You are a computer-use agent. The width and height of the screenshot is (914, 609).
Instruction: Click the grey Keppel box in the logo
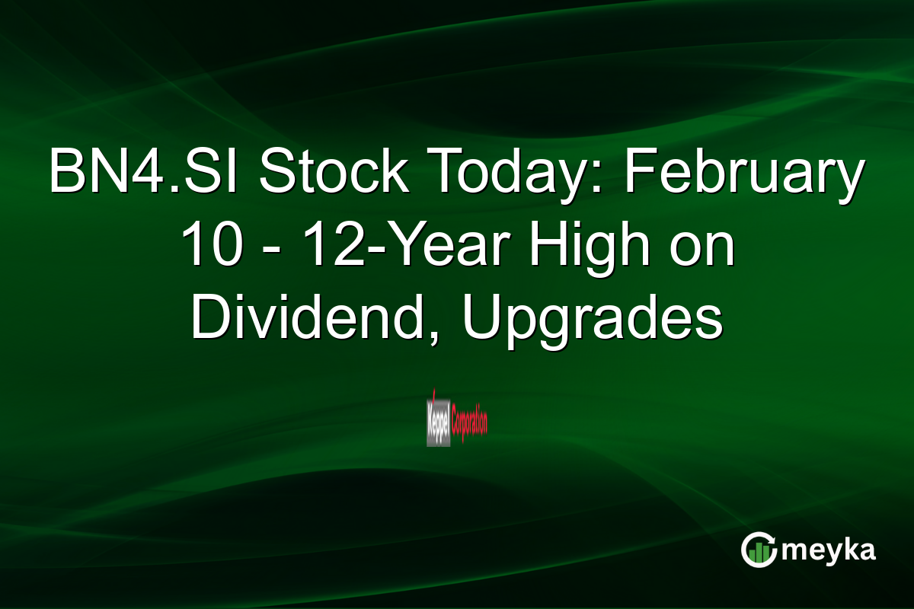click(x=438, y=418)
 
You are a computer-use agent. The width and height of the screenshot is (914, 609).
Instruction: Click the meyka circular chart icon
click(x=758, y=550)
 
